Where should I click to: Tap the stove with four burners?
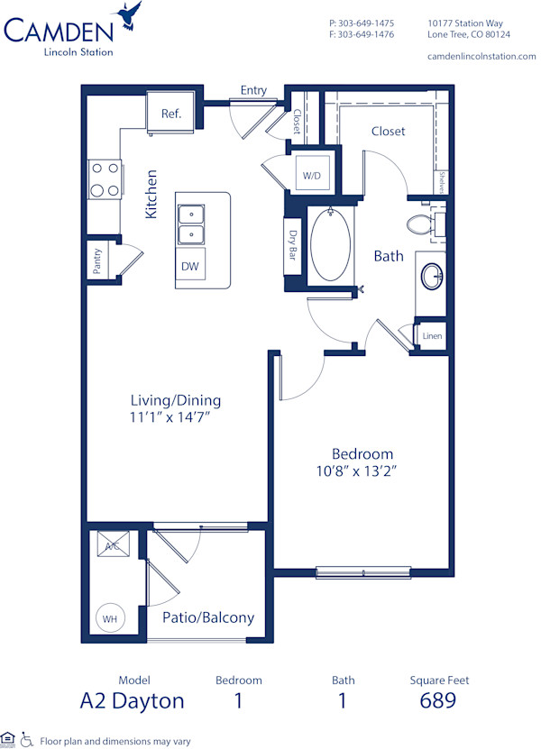click(104, 178)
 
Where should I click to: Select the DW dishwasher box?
click(190, 266)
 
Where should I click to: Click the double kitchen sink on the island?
click(190, 224)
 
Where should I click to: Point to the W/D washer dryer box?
click(311, 175)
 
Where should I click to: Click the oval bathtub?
click(330, 245)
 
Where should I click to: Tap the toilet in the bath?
click(423, 224)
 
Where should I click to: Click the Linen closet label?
click(431, 336)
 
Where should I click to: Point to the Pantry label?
click(97, 261)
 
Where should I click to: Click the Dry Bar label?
click(293, 245)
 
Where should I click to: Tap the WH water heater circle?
click(110, 619)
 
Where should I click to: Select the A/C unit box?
click(112, 546)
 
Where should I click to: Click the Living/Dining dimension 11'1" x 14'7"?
click(175, 417)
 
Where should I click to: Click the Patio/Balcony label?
click(207, 617)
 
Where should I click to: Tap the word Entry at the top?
click(253, 90)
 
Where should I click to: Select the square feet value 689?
click(438, 700)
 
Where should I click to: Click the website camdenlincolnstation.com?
click(481, 56)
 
